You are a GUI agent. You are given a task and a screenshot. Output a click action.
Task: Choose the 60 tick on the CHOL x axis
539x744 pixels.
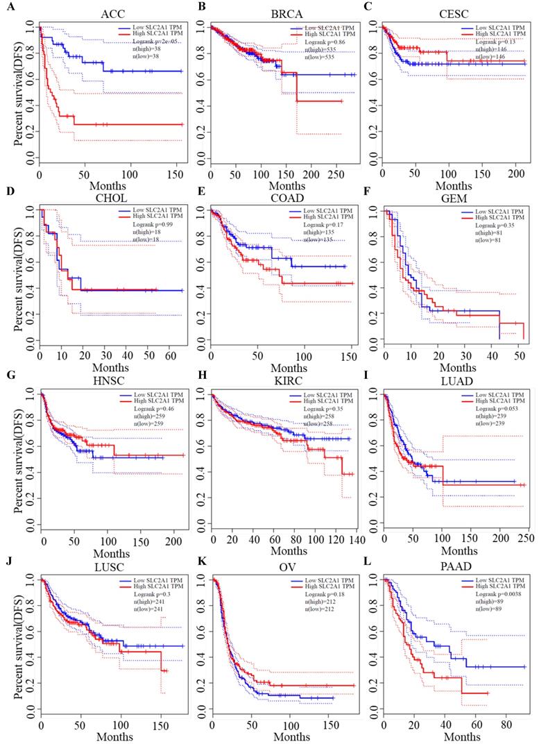[x=169, y=357]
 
